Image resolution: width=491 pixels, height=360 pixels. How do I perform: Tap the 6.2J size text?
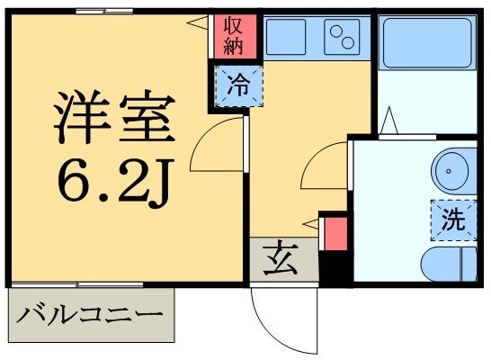coord(112,183)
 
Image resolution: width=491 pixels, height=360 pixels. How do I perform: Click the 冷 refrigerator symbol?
coord(238,87)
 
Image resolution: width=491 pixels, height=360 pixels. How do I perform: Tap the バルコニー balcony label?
coord(92,316)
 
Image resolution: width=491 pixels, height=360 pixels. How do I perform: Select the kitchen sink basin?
coord(288,37)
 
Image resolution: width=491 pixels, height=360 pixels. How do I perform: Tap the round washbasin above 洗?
coord(451,170)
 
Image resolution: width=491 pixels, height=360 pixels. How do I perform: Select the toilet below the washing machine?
coord(451,264)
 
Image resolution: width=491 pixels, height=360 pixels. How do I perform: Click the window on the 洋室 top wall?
coord(103,12)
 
